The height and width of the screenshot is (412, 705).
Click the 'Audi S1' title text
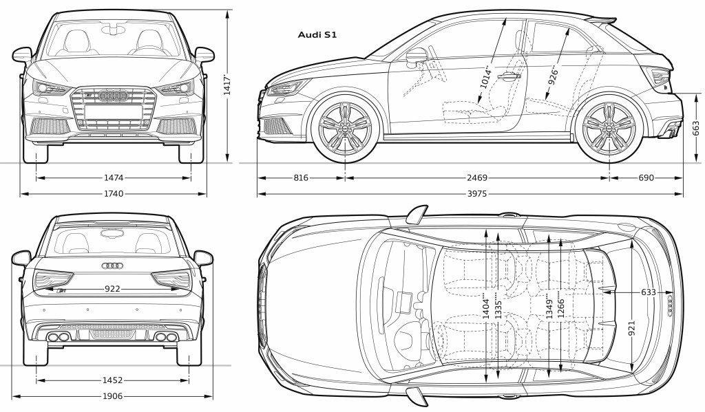point(317,34)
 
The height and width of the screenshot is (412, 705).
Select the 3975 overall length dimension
point(476,194)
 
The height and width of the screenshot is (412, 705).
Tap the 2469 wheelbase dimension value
point(476,178)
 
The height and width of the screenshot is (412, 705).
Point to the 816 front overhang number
point(301,178)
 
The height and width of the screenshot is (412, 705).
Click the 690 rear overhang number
point(646,178)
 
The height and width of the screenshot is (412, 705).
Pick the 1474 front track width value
point(114,178)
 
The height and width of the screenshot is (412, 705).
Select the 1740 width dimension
point(114,194)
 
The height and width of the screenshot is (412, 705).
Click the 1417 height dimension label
point(227,85)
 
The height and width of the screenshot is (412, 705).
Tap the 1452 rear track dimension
point(112,380)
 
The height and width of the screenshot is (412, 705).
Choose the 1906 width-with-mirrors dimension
point(112,396)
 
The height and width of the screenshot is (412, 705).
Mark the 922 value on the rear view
point(112,288)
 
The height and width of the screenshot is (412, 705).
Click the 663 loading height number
point(696,128)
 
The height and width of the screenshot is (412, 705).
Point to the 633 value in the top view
point(649,292)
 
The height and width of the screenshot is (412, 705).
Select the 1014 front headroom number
point(484,76)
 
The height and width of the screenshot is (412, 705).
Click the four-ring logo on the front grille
point(114,95)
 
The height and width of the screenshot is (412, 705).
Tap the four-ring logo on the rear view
point(112,265)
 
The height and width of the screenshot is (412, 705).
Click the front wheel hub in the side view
point(345,129)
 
